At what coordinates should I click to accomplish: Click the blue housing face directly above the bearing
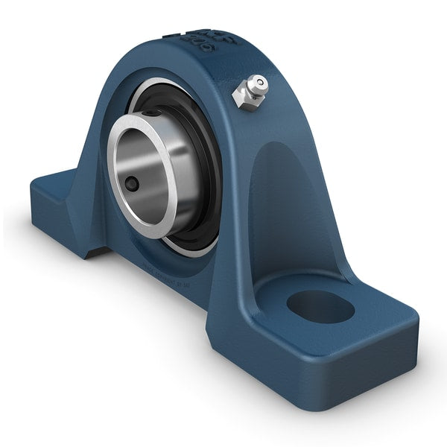click(171, 71)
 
